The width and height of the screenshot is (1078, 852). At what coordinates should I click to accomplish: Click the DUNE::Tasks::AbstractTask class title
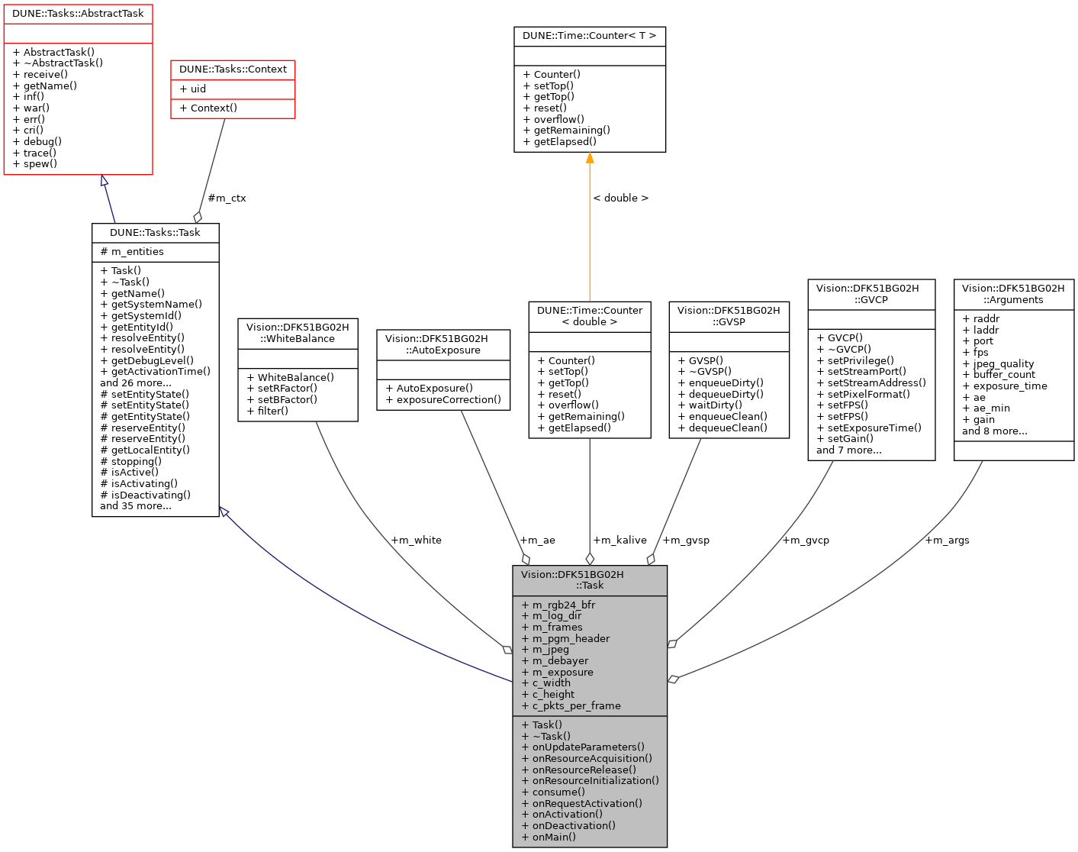tap(78, 14)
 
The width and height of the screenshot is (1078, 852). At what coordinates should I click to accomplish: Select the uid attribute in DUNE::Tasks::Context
tap(193, 89)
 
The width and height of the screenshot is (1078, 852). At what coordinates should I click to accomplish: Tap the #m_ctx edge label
tap(227, 198)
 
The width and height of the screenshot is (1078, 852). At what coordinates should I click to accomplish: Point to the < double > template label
tap(620, 198)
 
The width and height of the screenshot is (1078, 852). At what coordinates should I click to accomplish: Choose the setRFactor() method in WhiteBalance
tap(282, 389)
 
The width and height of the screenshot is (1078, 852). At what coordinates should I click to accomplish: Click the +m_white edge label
tap(416, 541)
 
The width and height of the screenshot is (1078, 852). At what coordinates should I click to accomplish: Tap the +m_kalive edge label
tap(619, 541)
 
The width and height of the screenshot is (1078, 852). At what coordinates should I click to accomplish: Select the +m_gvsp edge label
tap(686, 541)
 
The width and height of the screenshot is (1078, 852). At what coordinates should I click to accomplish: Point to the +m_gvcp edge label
tap(806, 541)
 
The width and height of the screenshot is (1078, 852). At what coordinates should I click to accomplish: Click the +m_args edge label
tap(947, 541)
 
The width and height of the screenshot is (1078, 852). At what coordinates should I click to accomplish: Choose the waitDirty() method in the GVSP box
tap(716, 405)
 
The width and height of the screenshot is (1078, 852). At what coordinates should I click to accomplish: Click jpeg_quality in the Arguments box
tap(998, 364)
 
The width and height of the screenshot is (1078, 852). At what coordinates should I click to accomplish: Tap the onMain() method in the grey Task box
tap(549, 837)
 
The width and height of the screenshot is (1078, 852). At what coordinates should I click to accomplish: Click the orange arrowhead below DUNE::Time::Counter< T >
tap(590, 158)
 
